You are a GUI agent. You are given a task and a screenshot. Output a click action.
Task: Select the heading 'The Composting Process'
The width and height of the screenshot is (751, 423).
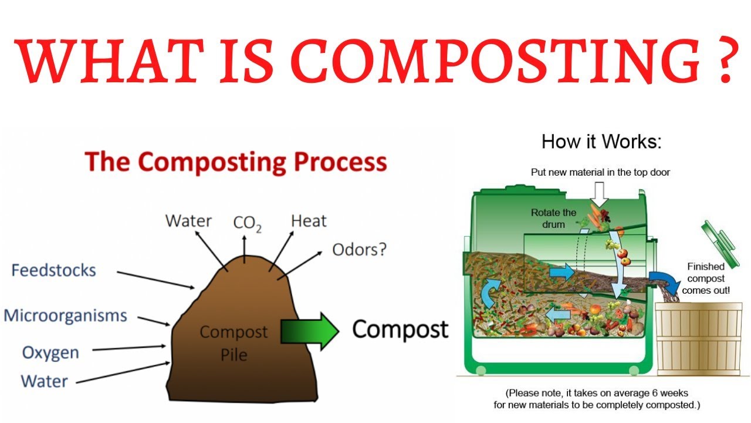click(236, 162)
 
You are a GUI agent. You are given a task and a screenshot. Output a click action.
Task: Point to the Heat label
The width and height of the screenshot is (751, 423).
click(309, 221)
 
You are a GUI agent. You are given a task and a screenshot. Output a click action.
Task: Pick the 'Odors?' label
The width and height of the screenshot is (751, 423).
click(359, 250)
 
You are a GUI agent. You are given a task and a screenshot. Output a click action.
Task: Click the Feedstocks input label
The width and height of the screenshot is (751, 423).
click(53, 270)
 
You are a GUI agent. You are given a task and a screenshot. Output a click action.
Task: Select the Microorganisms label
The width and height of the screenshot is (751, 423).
click(65, 315)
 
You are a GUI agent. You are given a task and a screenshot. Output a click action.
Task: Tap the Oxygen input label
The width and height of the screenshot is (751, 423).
click(50, 352)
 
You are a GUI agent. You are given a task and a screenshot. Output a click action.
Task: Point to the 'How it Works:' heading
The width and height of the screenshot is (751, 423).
click(601, 142)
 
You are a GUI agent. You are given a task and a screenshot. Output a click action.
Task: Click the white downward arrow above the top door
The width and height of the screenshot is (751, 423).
click(599, 192)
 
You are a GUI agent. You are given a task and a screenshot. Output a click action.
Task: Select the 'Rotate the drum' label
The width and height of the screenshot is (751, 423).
click(553, 218)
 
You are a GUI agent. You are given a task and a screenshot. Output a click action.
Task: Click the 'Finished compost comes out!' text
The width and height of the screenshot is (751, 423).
click(706, 278)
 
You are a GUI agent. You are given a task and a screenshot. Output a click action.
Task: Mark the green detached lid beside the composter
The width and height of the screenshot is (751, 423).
click(716, 240)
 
